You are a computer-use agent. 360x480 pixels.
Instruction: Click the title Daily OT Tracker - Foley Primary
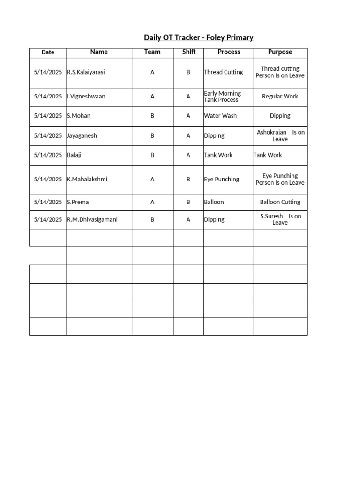pyautogui.click(x=199, y=37)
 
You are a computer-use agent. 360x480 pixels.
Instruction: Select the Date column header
pyautogui.click(x=48, y=52)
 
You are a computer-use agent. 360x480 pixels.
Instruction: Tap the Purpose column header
pyautogui.click(x=280, y=52)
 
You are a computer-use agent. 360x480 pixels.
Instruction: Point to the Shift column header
pyautogui.click(x=188, y=52)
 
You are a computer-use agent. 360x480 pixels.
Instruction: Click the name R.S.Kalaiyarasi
pyautogui.click(x=86, y=72)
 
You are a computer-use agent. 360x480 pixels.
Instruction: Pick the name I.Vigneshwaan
pyautogui.click(x=86, y=96)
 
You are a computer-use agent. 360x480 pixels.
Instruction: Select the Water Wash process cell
pyautogui.click(x=220, y=116)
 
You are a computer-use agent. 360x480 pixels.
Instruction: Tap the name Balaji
pyautogui.click(x=74, y=155)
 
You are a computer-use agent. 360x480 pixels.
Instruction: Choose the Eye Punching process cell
pyautogui.click(x=222, y=179)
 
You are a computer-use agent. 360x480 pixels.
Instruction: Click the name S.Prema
pyautogui.click(x=78, y=202)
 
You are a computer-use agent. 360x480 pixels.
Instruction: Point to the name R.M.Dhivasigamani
pyautogui.click(x=92, y=219)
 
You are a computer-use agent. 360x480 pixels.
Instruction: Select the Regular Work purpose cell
pyautogui.click(x=280, y=96)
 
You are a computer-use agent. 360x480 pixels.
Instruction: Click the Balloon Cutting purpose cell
pyautogui.click(x=280, y=202)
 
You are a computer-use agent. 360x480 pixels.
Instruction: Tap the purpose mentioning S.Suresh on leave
pyautogui.click(x=280, y=219)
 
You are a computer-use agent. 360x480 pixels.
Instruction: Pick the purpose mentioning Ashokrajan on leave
pyautogui.click(x=280, y=135)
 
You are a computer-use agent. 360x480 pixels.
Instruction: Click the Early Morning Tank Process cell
pyautogui.click(x=223, y=97)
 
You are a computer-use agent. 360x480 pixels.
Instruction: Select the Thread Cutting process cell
pyautogui.click(x=224, y=72)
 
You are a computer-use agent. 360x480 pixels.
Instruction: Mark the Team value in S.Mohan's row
pyautogui.click(x=152, y=116)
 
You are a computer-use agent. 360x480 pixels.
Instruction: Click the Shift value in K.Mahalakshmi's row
pyautogui.click(x=188, y=179)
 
